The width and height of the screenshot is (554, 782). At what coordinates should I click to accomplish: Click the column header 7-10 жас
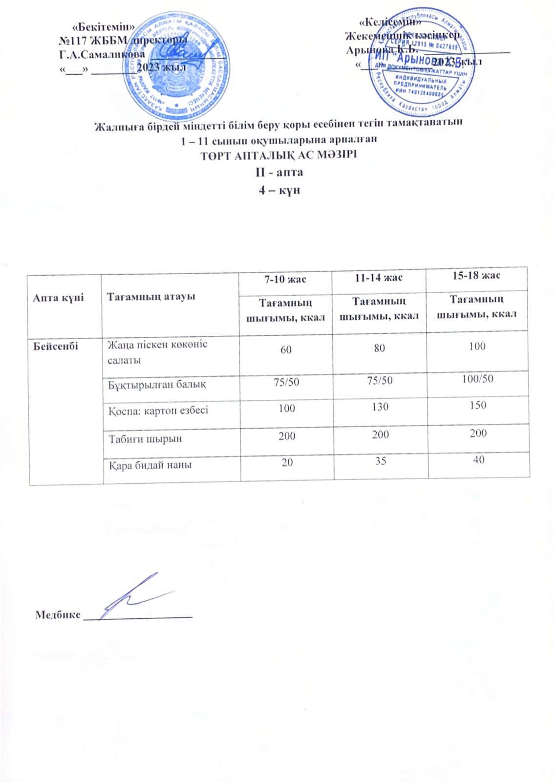point(285,280)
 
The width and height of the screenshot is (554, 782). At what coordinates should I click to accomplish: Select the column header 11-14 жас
point(379,278)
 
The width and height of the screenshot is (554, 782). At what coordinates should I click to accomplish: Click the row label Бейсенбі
point(56,346)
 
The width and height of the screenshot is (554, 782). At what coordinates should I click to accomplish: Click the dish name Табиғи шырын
point(146,438)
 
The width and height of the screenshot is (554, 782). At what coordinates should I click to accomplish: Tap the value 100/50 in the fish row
point(477,378)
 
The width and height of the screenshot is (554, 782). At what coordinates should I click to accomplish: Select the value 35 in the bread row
point(381,461)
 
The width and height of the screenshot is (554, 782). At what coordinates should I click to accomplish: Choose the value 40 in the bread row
point(479,459)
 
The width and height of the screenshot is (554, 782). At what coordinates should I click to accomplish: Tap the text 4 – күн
point(279,190)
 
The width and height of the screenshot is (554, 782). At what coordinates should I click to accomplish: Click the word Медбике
point(58,615)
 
